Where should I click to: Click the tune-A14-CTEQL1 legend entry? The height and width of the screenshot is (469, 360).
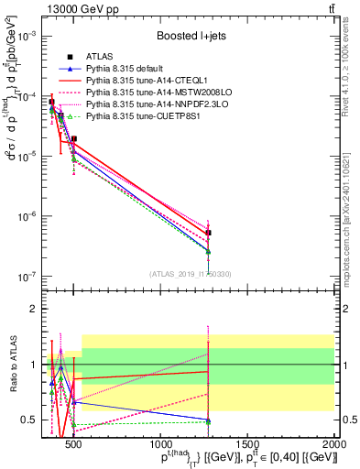click(x=146, y=81)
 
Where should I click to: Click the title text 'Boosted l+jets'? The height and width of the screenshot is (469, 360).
click(x=191, y=36)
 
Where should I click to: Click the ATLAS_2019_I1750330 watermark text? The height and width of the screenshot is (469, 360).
click(x=191, y=273)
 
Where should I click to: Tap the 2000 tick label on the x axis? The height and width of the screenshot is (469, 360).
click(x=334, y=433)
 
